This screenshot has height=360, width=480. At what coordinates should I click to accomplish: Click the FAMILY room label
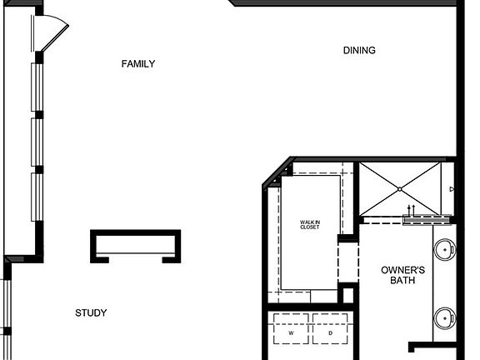(137, 64)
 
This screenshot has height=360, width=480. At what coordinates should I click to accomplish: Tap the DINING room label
(359, 51)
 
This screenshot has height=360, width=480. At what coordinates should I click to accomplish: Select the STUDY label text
(91, 313)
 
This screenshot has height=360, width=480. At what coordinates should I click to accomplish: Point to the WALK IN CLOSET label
(310, 225)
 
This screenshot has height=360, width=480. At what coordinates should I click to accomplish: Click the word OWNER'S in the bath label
(403, 270)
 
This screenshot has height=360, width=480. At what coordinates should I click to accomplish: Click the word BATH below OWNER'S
(403, 281)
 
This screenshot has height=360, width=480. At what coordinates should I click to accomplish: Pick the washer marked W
(291, 332)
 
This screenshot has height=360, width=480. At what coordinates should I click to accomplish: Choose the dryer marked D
(330, 332)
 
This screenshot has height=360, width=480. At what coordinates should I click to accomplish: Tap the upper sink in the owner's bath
(446, 249)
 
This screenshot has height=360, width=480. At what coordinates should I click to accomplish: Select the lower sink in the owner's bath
(446, 317)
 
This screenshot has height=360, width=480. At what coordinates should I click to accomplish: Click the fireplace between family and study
(135, 246)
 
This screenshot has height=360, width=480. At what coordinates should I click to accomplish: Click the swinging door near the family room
(53, 33)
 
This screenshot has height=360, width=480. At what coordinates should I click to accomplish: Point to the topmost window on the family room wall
(37, 87)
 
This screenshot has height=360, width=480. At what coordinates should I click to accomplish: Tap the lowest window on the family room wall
(37, 197)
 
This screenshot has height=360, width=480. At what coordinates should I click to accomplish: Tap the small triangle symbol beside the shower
(451, 190)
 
